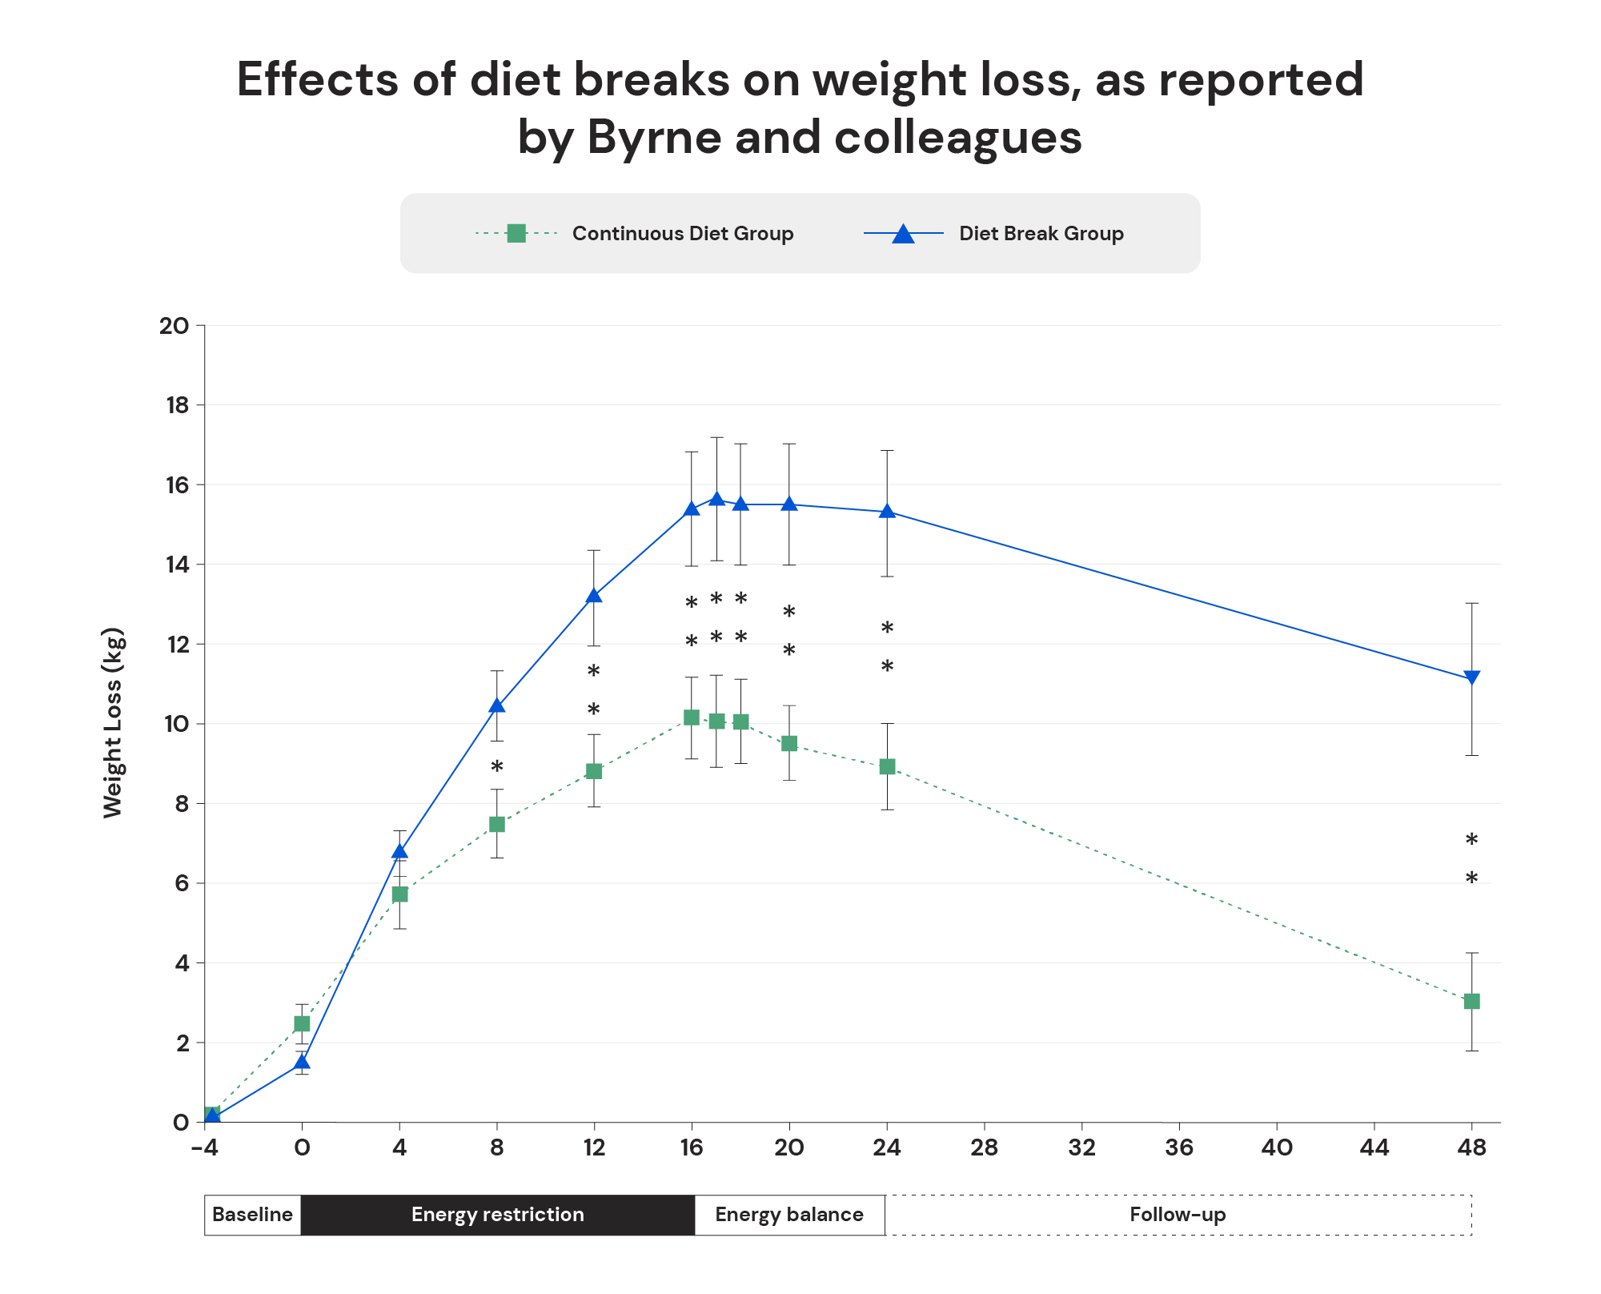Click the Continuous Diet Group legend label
coord(682,234)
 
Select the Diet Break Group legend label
coord(1041,234)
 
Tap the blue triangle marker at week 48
coord(1471,677)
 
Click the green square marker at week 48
coord(1471,1001)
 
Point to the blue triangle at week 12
coord(594,596)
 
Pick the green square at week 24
coord(887,766)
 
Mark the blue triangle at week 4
coord(399,852)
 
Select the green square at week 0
coord(302,1023)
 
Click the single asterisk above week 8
coord(497,768)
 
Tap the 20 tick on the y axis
coord(174,326)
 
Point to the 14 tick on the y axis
coord(175,565)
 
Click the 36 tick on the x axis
coord(1179,1148)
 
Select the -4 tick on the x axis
coord(204,1148)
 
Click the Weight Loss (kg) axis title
coord(113,723)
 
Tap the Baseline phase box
coord(252,1215)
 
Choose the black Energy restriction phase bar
coord(497,1215)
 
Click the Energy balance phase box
coord(789,1215)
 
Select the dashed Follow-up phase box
coord(1178,1215)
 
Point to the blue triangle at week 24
coord(887,511)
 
